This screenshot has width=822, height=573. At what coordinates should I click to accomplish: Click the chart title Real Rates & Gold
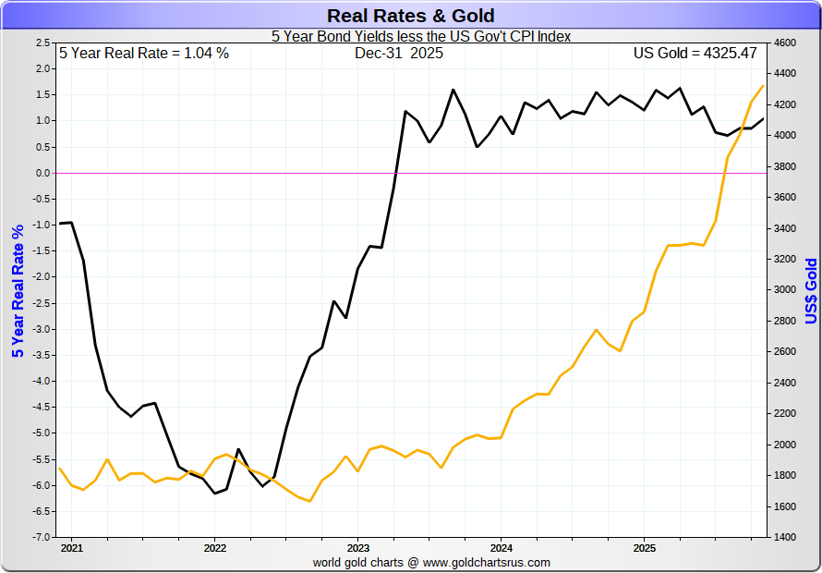coord(411,16)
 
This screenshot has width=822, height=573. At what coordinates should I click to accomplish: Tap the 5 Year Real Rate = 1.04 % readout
coord(144,54)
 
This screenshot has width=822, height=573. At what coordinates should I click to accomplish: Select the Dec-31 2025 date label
coord(399,54)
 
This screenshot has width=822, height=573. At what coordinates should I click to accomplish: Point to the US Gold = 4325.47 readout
coord(695,54)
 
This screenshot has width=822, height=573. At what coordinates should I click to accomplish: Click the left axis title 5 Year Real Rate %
coord(17,290)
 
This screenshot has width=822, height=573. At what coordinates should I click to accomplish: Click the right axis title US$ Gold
coord(811,290)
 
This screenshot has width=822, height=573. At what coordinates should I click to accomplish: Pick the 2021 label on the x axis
coord(71,547)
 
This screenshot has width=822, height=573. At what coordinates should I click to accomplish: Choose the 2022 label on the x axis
coord(214,547)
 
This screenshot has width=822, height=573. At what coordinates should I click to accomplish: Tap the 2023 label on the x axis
coord(357,547)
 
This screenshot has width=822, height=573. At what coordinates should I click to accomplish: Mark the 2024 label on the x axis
coord(501,547)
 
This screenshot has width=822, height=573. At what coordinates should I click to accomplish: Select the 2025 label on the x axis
coord(644,547)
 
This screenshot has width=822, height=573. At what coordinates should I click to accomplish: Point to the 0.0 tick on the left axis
coord(42,173)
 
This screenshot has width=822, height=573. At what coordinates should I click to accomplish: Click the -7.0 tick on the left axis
coord(42,537)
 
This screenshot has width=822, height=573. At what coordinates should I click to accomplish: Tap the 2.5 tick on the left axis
coord(42,43)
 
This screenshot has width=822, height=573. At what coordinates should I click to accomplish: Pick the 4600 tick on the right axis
coord(784,43)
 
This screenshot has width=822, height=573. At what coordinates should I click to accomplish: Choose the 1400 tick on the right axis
coord(784,537)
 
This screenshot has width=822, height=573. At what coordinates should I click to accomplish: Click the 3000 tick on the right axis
coord(784,290)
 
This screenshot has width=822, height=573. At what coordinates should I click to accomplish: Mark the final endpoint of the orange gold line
coord(764,85)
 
